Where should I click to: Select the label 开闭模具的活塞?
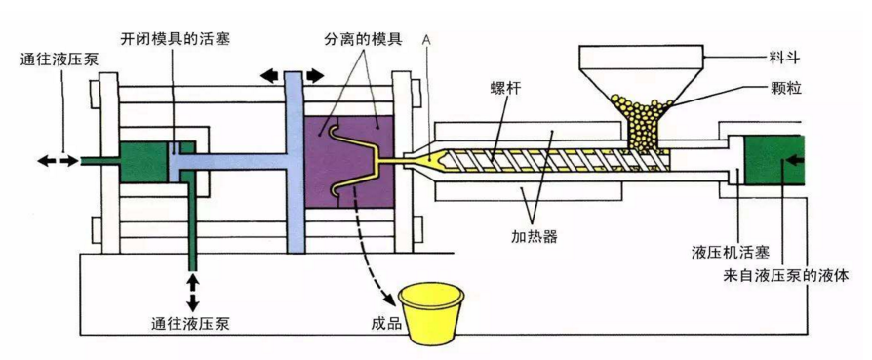coord(176,39)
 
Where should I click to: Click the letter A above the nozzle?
coord(427,39)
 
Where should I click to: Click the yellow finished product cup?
coord(432,312)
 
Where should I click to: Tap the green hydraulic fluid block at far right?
coord(775,161)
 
